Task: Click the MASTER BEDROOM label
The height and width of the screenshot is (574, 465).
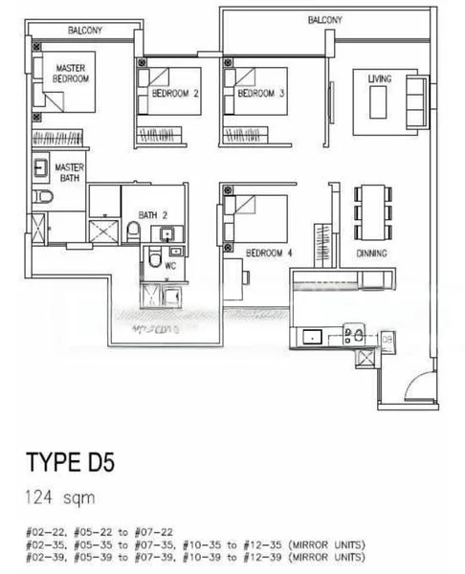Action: (x=72, y=74)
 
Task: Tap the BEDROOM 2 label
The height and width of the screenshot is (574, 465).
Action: (x=175, y=94)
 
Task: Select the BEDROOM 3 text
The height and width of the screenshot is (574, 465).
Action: (x=261, y=94)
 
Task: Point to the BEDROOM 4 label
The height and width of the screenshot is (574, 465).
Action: (x=269, y=254)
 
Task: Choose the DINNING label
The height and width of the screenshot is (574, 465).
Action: (x=370, y=254)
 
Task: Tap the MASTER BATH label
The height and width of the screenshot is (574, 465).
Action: (x=69, y=172)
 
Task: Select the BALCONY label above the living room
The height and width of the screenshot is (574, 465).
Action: (x=325, y=20)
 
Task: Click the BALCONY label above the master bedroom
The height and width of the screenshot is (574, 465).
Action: (x=85, y=31)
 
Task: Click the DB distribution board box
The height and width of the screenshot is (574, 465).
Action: (x=387, y=338)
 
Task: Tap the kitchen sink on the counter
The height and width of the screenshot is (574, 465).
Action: (x=311, y=336)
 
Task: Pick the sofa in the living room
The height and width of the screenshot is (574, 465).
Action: (x=418, y=99)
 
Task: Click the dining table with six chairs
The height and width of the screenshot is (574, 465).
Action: (x=371, y=211)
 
